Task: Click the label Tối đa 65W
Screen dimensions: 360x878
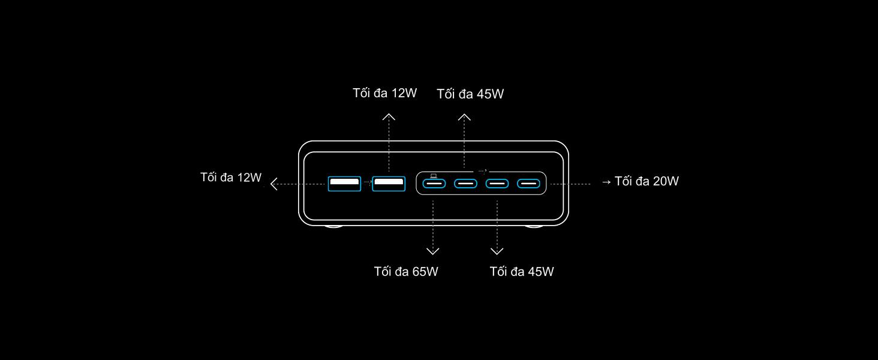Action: (406, 272)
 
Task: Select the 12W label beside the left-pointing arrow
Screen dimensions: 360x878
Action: (231, 178)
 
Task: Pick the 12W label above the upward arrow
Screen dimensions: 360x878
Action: (384, 93)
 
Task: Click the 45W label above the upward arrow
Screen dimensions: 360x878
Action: (470, 94)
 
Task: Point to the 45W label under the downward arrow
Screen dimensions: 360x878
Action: (522, 272)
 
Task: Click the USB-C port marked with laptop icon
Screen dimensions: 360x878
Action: (434, 183)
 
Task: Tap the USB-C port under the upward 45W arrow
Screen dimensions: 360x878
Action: (465, 183)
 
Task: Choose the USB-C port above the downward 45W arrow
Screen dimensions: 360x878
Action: (497, 183)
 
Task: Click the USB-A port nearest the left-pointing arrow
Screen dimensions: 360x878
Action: (344, 183)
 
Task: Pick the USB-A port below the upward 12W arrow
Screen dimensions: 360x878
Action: (389, 183)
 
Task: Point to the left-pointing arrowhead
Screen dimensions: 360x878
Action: (273, 184)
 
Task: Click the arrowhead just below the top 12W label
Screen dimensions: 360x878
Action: (389, 116)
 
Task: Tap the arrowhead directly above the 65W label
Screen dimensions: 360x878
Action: (433, 251)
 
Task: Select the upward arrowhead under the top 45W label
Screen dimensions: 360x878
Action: (464, 117)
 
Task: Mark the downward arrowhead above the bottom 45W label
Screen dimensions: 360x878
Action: (497, 251)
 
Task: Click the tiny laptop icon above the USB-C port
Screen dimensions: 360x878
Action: (434, 175)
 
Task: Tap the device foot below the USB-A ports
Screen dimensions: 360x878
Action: (334, 226)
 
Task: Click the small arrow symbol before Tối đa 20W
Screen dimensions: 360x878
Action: (606, 182)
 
